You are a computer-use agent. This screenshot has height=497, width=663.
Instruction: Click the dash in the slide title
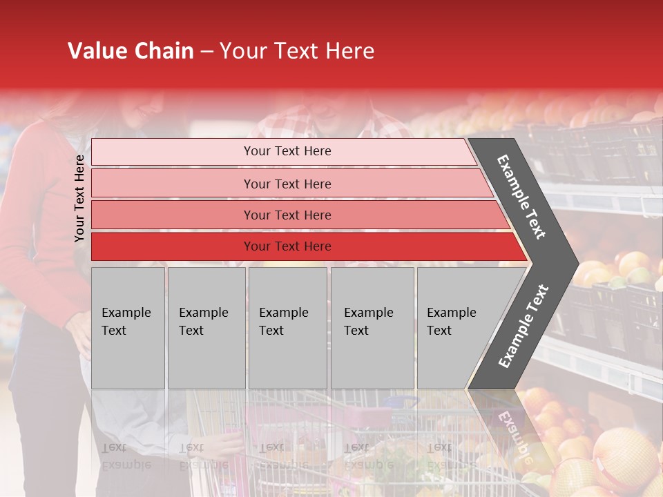pos(206,52)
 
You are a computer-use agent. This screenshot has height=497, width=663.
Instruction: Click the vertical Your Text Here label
pos(79,198)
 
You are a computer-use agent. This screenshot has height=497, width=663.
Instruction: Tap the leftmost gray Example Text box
pos(128,328)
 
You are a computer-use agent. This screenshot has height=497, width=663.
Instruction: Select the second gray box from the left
pos(206,328)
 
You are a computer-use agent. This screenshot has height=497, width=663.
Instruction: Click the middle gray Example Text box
pos(287,328)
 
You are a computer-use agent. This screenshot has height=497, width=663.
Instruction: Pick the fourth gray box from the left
pos(372,328)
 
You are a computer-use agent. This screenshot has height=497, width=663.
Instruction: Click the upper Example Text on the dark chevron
pos(521,197)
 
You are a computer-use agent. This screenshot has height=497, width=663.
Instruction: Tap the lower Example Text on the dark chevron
pos(523,327)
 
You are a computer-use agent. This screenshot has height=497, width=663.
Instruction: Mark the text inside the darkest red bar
pos(287,246)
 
